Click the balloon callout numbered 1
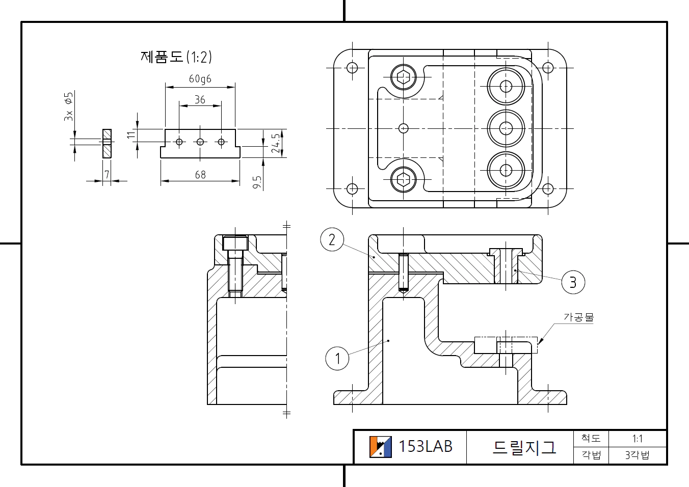click(x=337, y=359)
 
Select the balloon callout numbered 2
click(x=332, y=239)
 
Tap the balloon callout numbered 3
click(x=573, y=282)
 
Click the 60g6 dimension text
click(x=200, y=79)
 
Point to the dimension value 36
click(x=200, y=100)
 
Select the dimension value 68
click(x=200, y=175)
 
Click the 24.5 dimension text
click(x=276, y=143)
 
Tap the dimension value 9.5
click(x=257, y=182)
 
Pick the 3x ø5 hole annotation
click(x=68, y=106)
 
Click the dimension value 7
click(x=107, y=175)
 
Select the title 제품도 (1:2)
click(x=176, y=57)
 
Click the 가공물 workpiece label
click(x=578, y=317)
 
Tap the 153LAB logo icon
click(x=380, y=447)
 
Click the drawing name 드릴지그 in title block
click(x=524, y=447)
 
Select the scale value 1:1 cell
click(x=637, y=439)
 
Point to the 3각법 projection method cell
click(x=637, y=455)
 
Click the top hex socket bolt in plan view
click(x=404, y=77)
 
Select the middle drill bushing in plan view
click(x=506, y=128)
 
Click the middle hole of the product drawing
click(x=200, y=142)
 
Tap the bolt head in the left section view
click(x=235, y=243)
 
